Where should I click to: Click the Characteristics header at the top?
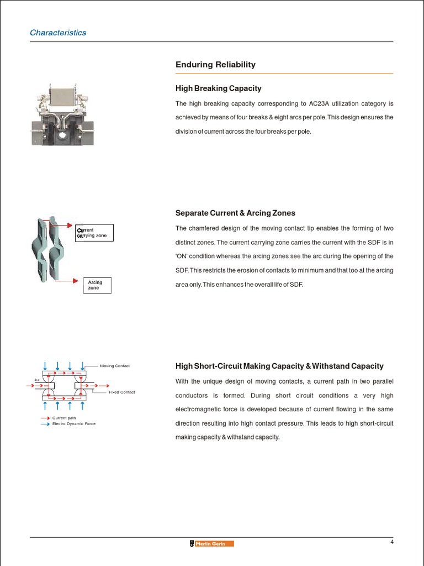click(58, 33)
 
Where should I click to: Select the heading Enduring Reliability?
click(215, 65)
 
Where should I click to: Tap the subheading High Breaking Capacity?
click(218, 88)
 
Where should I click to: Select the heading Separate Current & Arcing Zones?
click(235, 213)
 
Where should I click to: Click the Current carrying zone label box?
click(94, 233)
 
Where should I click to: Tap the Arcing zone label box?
click(96, 285)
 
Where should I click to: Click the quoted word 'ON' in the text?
click(182, 256)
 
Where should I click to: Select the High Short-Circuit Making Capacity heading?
click(279, 366)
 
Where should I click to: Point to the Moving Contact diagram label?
click(114, 366)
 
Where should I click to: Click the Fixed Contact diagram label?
click(121, 392)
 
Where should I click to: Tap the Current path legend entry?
click(63, 418)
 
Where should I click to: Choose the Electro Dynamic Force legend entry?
click(73, 423)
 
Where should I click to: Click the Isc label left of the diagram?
click(37, 380)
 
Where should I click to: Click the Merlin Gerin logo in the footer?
click(211, 543)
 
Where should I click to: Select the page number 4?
click(391, 542)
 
